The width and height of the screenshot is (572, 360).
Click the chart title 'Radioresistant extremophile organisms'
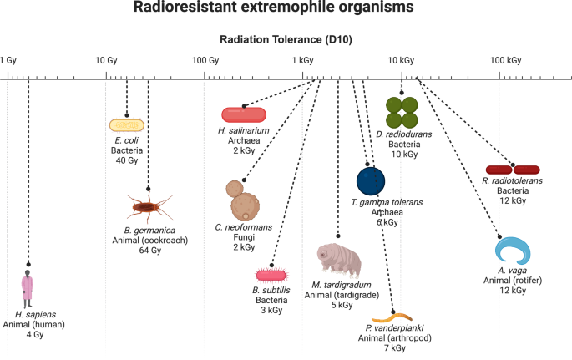(x=286, y=10)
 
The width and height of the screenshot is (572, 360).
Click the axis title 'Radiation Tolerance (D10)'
(x=286, y=39)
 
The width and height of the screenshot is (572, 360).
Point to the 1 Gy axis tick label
(x=9, y=60)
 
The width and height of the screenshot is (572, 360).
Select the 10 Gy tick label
(x=105, y=60)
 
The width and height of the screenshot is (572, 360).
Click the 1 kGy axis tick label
(x=302, y=60)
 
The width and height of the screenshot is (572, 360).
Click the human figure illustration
(x=28, y=286)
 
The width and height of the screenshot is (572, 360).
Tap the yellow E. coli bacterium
(x=127, y=125)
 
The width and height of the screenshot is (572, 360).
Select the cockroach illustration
(x=148, y=205)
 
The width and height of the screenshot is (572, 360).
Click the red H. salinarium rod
(x=244, y=114)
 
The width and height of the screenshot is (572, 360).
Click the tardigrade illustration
(x=339, y=260)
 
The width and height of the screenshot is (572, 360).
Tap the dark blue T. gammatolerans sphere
(x=372, y=180)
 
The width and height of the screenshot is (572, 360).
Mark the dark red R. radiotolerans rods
(x=514, y=170)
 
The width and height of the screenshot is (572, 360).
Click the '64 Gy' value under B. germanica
(x=148, y=250)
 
